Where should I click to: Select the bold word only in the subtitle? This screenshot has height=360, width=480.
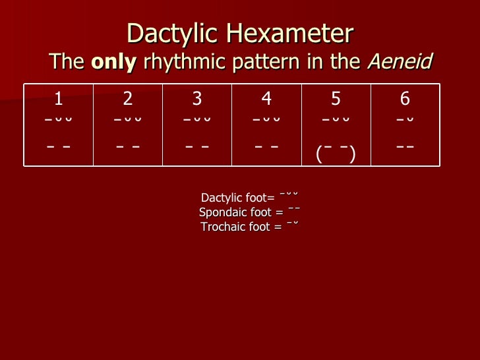pyautogui.click(x=113, y=62)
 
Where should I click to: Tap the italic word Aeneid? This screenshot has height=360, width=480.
pyautogui.click(x=400, y=62)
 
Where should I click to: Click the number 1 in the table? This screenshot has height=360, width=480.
pyautogui.click(x=59, y=99)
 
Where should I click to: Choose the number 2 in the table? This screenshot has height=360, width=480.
pyautogui.click(x=128, y=99)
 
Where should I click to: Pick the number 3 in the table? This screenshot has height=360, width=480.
pyautogui.click(x=197, y=99)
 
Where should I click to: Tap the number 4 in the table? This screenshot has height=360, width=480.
pyautogui.click(x=266, y=99)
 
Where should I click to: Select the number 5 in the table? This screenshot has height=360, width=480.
pyautogui.click(x=336, y=99)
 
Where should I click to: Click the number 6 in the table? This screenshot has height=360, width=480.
pyautogui.click(x=405, y=99)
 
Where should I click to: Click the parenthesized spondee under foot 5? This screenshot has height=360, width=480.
pyautogui.click(x=336, y=154)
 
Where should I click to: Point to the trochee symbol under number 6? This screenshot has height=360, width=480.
pyautogui.click(x=405, y=120)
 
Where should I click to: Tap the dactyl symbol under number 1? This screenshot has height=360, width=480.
pyautogui.click(x=59, y=120)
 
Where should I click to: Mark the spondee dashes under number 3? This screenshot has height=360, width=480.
pyautogui.click(x=197, y=146)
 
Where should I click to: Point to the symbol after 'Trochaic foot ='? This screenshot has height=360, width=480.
pyautogui.click(x=293, y=224)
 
